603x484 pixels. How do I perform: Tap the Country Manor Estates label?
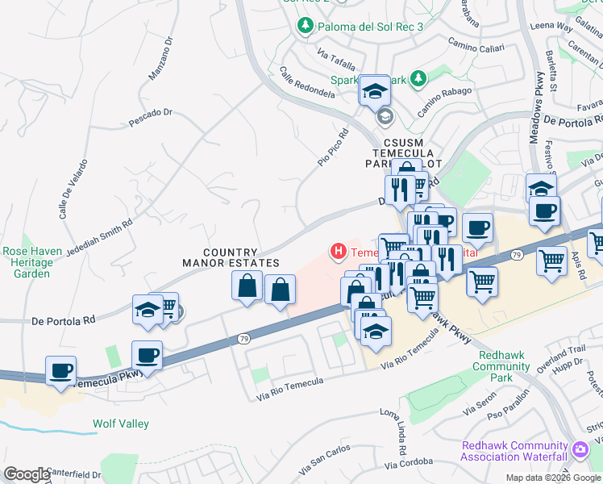[x=231, y=258]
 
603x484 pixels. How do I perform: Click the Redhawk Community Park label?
[x=505, y=366]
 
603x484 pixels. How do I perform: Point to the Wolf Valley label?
[x=120, y=423]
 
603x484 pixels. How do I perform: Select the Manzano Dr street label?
[x=160, y=59]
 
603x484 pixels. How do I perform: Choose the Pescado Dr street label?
[x=151, y=118]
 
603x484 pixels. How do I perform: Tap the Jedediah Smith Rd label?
[x=98, y=236]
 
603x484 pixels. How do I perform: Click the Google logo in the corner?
[x=27, y=474]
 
